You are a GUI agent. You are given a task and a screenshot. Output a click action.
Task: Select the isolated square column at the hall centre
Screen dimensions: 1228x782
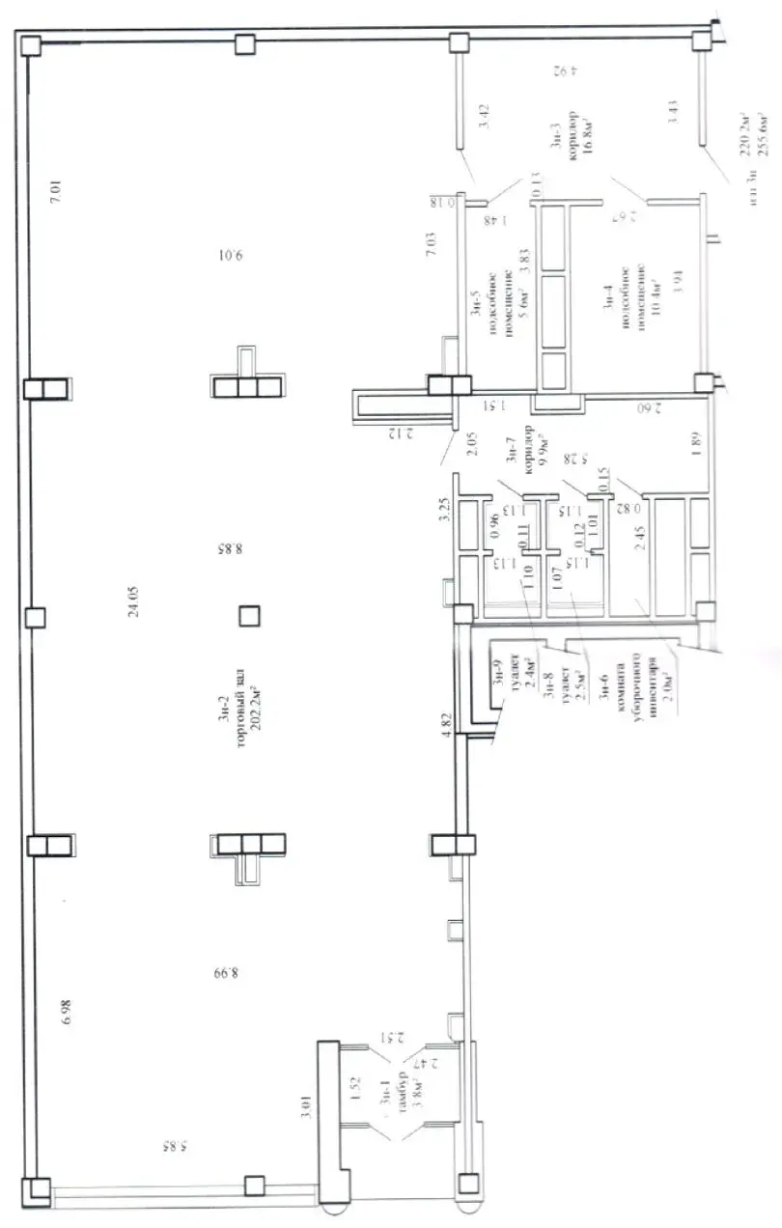pos(249,615)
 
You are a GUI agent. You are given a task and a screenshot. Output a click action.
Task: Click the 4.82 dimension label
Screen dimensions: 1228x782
pos(446,725)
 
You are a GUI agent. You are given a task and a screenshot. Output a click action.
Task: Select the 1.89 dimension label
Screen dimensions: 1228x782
pos(695,443)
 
